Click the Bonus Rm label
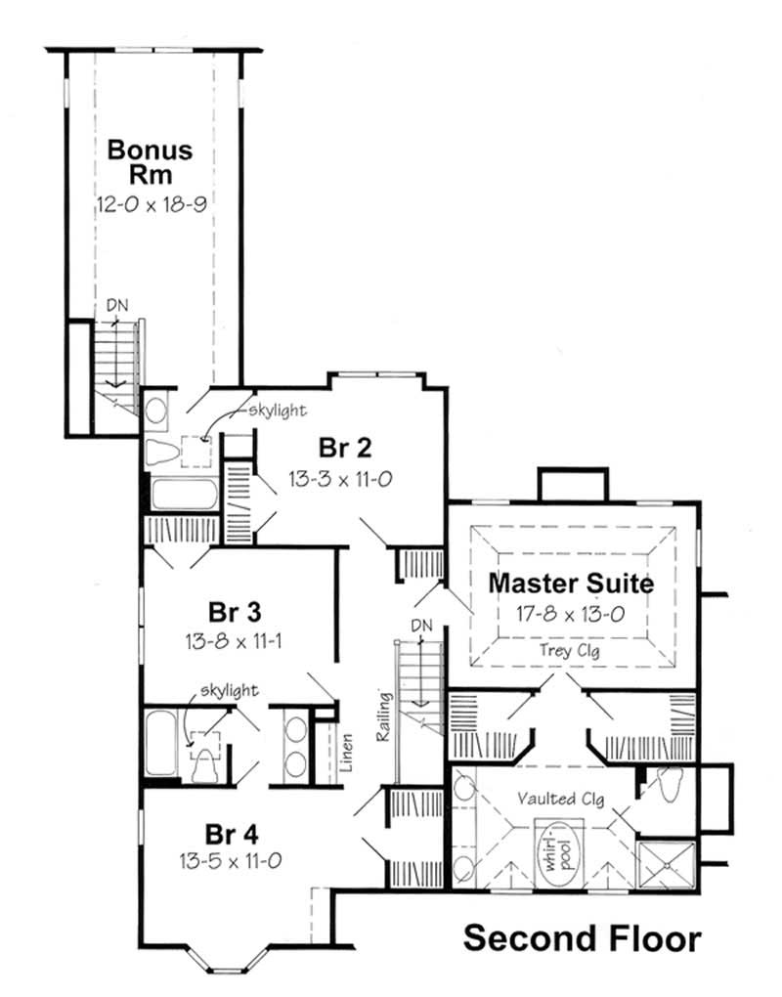(x=149, y=163)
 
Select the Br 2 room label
(x=346, y=449)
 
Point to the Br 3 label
(x=235, y=613)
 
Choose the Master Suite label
(x=571, y=584)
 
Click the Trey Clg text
(x=572, y=650)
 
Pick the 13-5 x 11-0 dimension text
(x=232, y=862)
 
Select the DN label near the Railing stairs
(x=421, y=626)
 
